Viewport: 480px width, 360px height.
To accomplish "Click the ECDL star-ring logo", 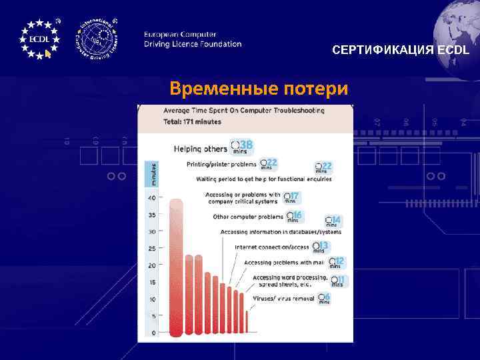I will (39, 39).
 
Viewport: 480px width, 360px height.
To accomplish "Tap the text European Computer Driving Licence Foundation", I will (193, 39).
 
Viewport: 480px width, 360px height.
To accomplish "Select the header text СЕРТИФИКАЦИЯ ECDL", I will (401, 51).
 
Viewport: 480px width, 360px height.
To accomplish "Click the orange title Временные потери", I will (258, 88).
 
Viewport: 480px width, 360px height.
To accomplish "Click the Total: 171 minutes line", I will (192, 122).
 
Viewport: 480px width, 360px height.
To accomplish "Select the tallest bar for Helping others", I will (177, 267).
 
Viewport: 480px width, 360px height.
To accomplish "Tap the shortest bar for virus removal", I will (247, 321).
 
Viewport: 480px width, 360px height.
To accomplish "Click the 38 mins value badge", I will (241, 146).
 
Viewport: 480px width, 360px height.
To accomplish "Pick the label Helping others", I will (200, 149).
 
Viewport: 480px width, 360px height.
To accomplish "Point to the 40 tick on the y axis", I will (152, 198).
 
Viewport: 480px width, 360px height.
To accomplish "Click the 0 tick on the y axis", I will (153, 333).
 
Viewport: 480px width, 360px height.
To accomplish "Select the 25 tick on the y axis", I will (152, 249).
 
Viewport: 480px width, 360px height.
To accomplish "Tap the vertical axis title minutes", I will (151, 173).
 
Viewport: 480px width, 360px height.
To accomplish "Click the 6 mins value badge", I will (324, 298).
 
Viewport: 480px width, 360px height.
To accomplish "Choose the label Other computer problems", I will (248, 217).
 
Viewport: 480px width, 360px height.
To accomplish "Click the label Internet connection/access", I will (271, 247).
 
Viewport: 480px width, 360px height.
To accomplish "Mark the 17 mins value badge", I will (291, 197).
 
